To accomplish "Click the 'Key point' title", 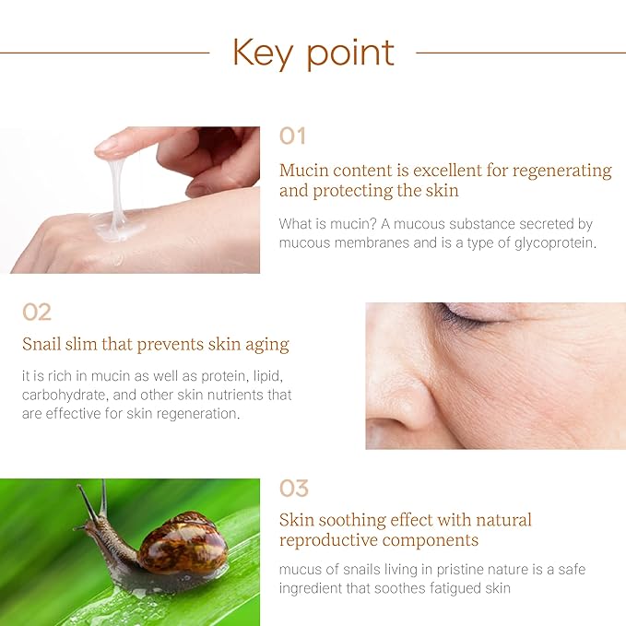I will (313, 53).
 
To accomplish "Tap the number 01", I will (292, 136).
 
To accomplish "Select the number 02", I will (37, 312).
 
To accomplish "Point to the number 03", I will (294, 488).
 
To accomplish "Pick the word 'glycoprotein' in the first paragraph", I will (545, 242).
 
